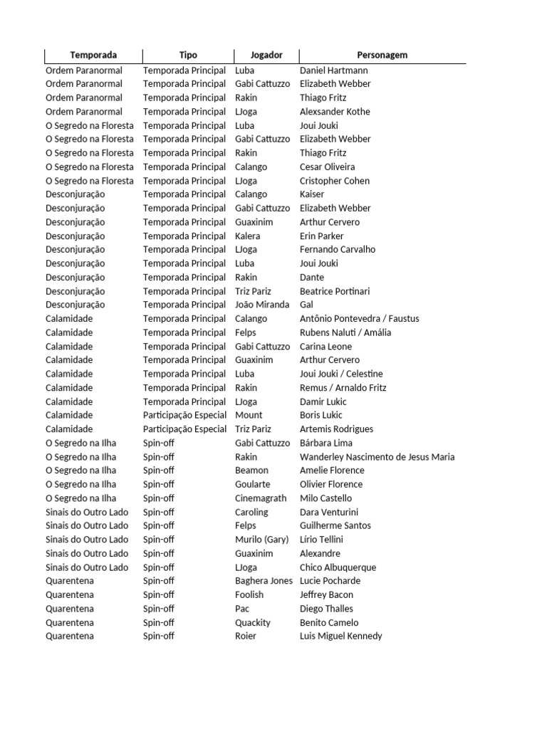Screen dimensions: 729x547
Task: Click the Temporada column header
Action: (93, 55)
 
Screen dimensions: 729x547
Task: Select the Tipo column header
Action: (188, 55)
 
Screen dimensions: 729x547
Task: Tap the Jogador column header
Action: (266, 55)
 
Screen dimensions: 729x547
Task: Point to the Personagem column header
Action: (382, 55)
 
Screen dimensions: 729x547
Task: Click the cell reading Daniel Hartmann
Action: (334, 70)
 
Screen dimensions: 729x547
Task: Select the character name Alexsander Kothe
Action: (335, 112)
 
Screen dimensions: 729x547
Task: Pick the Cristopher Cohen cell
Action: (335, 181)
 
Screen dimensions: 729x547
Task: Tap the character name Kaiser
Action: (312, 194)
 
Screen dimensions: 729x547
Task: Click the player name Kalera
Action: (248, 236)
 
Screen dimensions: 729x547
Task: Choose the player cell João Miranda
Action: (262, 305)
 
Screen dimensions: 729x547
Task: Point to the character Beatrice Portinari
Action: (335, 291)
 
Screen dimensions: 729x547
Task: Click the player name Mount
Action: (249, 415)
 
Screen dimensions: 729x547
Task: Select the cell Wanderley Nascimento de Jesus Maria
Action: (377, 457)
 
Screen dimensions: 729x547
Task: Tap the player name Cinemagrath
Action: (261, 498)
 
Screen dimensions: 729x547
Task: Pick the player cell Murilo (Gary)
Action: (261, 540)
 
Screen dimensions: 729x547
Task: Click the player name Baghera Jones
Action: (264, 581)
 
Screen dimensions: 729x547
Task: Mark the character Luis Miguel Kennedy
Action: (340, 636)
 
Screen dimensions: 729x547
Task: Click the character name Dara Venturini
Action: (329, 512)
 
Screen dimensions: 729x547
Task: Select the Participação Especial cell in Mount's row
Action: (184, 415)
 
